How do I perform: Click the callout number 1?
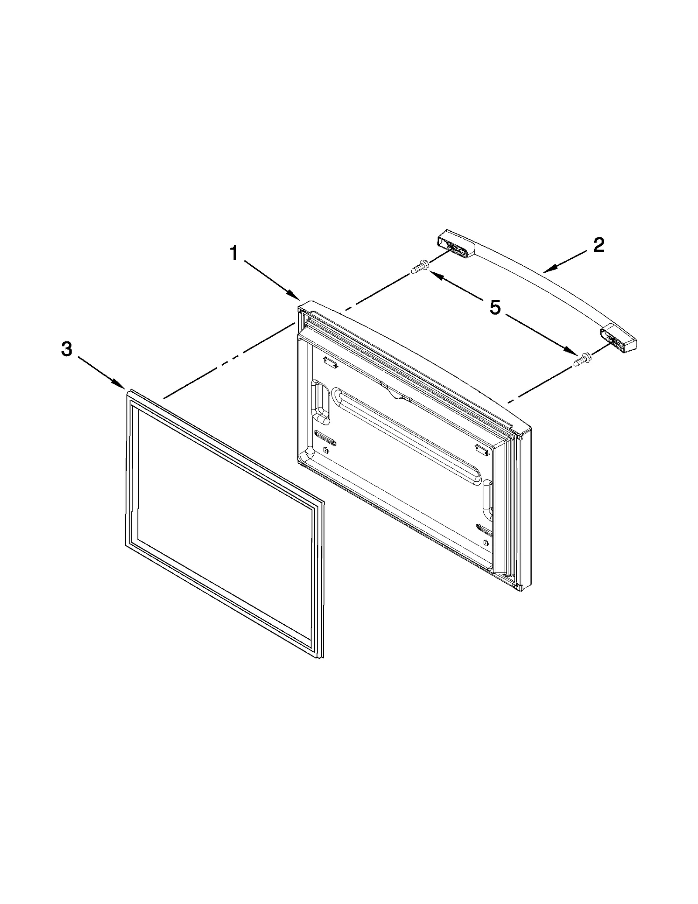pyautogui.click(x=234, y=253)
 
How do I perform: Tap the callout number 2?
pyautogui.click(x=599, y=245)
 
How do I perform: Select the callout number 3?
pyautogui.click(x=66, y=349)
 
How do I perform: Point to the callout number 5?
pyautogui.click(x=495, y=308)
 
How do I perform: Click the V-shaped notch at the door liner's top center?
pyautogui.click(x=396, y=394)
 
